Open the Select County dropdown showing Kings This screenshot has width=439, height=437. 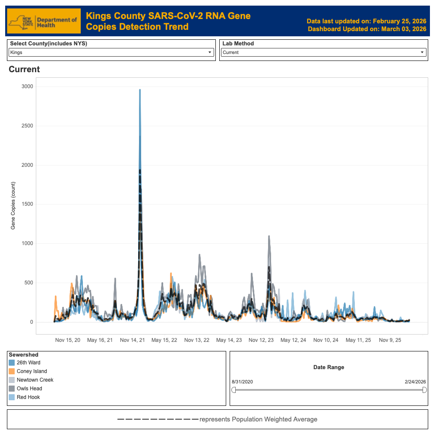point(111,52)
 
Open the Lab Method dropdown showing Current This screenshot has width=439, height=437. point(323,52)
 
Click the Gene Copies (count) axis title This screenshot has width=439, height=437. point(13,204)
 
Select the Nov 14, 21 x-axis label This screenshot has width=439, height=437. point(133,340)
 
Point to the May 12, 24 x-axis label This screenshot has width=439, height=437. point(293,340)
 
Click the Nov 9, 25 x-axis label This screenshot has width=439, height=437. point(390,340)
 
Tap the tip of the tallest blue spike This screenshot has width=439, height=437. point(140,90)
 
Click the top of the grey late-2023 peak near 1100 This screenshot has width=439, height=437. point(269,236)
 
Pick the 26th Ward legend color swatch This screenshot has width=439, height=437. point(12,363)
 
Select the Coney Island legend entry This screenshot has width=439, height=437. point(32,371)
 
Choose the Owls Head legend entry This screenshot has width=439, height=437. point(29,389)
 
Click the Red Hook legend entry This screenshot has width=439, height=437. point(28,397)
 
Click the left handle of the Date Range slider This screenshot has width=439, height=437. point(234,390)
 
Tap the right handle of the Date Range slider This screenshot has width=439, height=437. point(424,390)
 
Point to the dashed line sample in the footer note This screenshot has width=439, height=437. point(158,419)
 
